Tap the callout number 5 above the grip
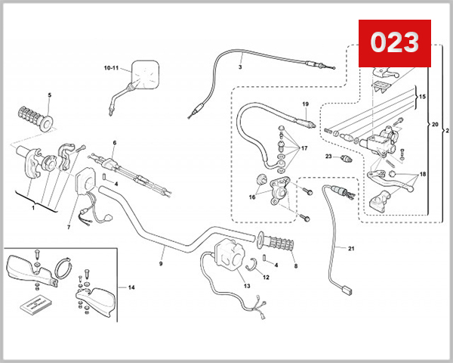click(x=49, y=95)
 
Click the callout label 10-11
click(x=112, y=68)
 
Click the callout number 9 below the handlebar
click(x=161, y=264)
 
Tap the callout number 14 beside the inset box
click(x=131, y=288)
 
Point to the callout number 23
click(x=328, y=157)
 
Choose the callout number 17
click(x=305, y=148)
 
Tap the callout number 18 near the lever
click(x=422, y=173)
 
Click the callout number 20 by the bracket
click(x=433, y=123)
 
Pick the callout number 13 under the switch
click(x=245, y=285)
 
